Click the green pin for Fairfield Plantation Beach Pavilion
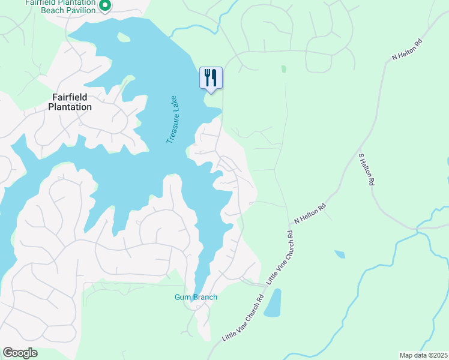click(x=105, y=6)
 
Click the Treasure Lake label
click(x=174, y=120)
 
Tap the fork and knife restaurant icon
click(x=211, y=77)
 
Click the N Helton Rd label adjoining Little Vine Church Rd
click(x=310, y=215)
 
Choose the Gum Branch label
click(x=196, y=297)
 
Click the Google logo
click(x=20, y=352)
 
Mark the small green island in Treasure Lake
click(x=124, y=38)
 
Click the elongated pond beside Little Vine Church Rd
click(x=272, y=303)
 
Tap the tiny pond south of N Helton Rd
click(x=340, y=254)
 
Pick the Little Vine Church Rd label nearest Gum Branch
click(x=243, y=318)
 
